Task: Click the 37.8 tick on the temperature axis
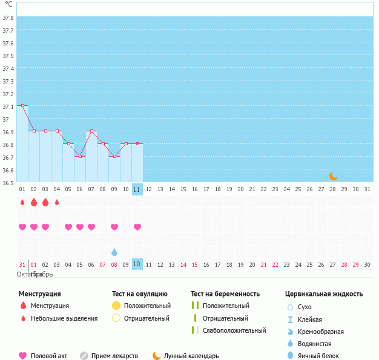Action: point(8,18)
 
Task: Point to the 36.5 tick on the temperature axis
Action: point(8,182)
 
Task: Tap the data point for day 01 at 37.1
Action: point(22,105)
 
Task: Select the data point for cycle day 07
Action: point(91,131)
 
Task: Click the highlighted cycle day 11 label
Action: point(137,189)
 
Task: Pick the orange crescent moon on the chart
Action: point(333,175)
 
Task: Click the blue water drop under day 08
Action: point(114,251)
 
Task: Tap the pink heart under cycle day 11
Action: point(137,227)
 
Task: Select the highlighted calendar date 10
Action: point(137,264)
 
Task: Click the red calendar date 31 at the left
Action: point(22,264)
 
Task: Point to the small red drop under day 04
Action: point(57,202)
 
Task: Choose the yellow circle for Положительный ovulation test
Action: point(116,306)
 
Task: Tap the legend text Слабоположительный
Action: point(234,330)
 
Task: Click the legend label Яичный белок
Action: point(318,356)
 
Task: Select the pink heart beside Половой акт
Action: point(23,356)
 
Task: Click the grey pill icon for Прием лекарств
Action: point(84,356)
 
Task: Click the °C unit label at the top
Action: point(8,4)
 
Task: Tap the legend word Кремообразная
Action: point(321,332)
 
